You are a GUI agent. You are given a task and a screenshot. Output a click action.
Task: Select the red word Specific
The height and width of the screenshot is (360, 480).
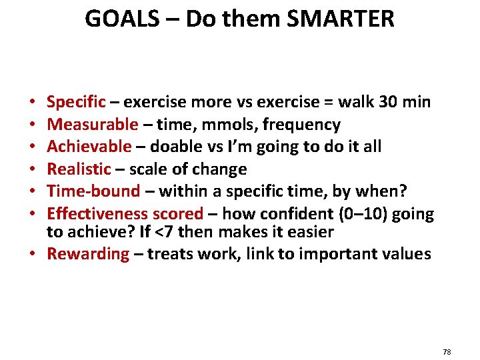pyautogui.click(x=76, y=103)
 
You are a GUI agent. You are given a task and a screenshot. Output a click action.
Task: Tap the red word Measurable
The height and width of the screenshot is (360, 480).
pyautogui.click(x=93, y=125)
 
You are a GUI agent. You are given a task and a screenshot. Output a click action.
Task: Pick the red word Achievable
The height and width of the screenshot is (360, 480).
pyautogui.click(x=89, y=147)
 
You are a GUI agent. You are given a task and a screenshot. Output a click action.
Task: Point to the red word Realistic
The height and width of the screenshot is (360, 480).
pyautogui.click(x=79, y=169)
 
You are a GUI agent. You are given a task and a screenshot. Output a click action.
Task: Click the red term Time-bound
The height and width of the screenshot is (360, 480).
pyautogui.click(x=93, y=191)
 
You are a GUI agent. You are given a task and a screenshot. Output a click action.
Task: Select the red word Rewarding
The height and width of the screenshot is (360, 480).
pyautogui.click(x=89, y=254)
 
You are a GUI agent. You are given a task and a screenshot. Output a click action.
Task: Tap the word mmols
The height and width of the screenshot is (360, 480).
pyautogui.click(x=232, y=125)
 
